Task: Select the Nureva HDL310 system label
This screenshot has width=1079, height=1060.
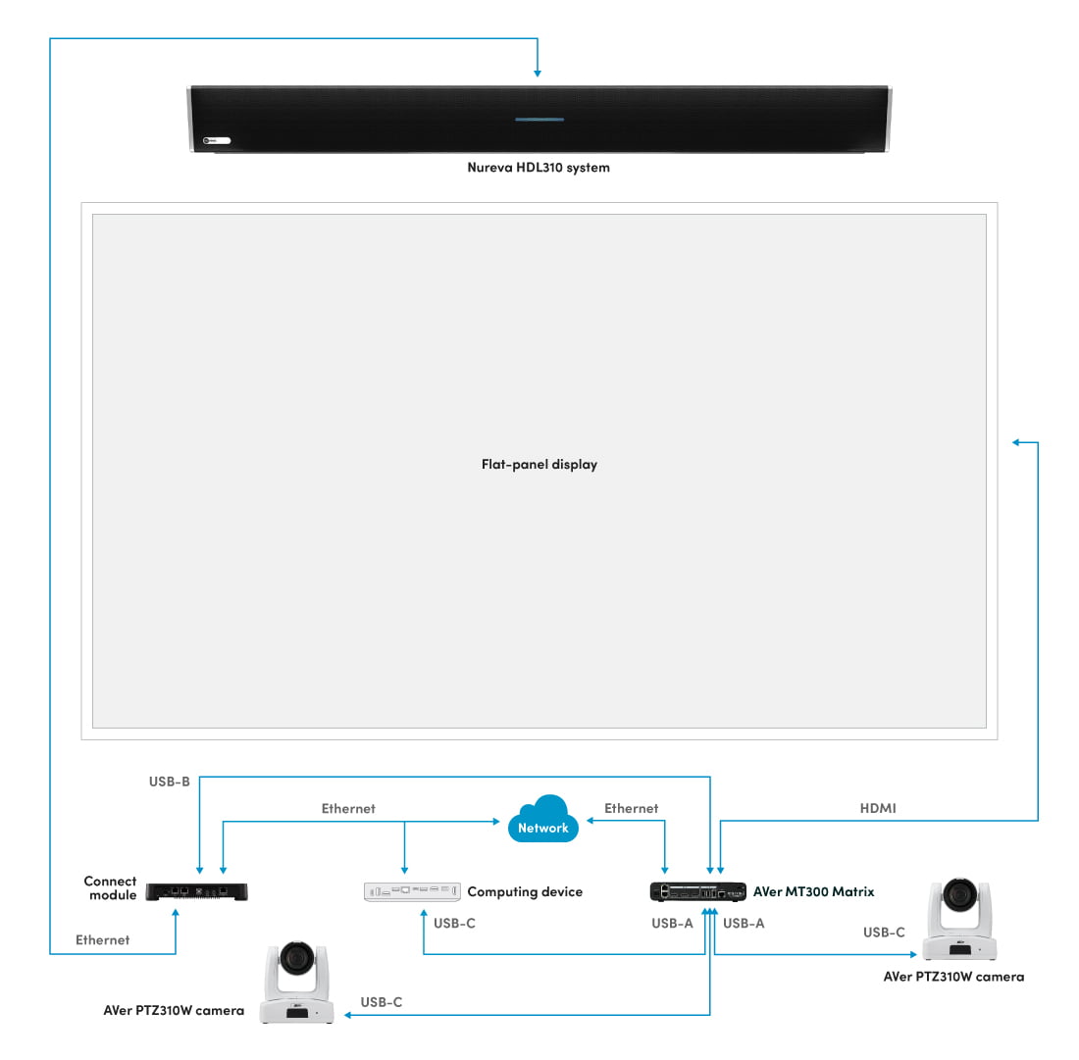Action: pyautogui.click(x=539, y=168)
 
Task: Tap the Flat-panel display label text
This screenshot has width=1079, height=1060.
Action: pyautogui.click(x=539, y=465)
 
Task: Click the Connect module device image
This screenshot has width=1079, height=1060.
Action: pyautogui.click(x=197, y=891)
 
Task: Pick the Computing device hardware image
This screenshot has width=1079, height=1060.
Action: pyautogui.click(x=412, y=891)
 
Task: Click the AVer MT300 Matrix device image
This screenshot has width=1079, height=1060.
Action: pyautogui.click(x=697, y=891)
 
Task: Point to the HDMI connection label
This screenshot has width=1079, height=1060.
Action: pyautogui.click(x=878, y=809)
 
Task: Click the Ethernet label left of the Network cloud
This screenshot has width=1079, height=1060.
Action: pyautogui.click(x=348, y=809)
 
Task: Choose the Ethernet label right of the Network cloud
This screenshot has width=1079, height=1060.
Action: pyautogui.click(x=631, y=809)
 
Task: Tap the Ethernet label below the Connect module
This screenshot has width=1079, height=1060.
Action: pyautogui.click(x=102, y=939)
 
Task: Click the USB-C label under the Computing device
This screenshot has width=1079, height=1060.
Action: pyautogui.click(x=454, y=924)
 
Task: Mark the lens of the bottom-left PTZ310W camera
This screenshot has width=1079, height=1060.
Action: pyautogui.click(x=295, y=958)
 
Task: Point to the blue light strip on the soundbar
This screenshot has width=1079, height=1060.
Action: pyautogui.click(x=539, y=121)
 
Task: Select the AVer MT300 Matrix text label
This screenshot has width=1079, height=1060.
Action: pyautogui.click(x=813, y=892)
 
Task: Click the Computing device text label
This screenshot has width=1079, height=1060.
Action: pyautogui.click(x=525, y=892)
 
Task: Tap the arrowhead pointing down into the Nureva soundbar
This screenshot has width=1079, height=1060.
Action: pyautogui.click(x=537, y=73)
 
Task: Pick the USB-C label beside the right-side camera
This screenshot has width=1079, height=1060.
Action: pyautogui.click(x=884, y=933)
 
